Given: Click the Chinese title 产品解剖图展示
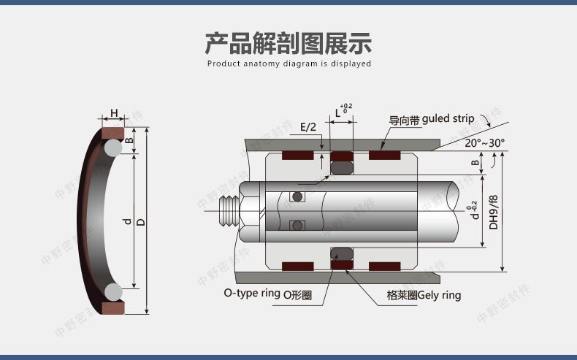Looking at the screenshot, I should [x=288, y=43].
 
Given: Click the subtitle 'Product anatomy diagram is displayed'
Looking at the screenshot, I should [x=288, y=64].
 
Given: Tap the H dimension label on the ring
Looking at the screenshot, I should [x=113, y=113].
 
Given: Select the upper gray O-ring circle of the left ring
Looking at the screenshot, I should [x=112, y=148].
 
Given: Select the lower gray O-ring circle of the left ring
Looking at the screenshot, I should [x=112, y=292].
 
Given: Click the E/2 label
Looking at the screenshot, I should [x=308, y=127].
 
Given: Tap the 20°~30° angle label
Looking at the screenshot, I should [x=484, y=143].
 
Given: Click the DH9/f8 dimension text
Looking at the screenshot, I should [x=493, y=212].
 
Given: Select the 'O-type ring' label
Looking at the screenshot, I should [x=252, y=294].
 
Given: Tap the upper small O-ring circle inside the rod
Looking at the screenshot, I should [x=297, y=197].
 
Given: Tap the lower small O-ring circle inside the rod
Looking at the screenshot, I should [x=297, y=226].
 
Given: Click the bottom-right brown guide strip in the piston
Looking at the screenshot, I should [x=384, y=266].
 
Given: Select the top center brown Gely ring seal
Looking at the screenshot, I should [x=341, y=156].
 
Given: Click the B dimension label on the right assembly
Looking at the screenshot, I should [x=475, y=164].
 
